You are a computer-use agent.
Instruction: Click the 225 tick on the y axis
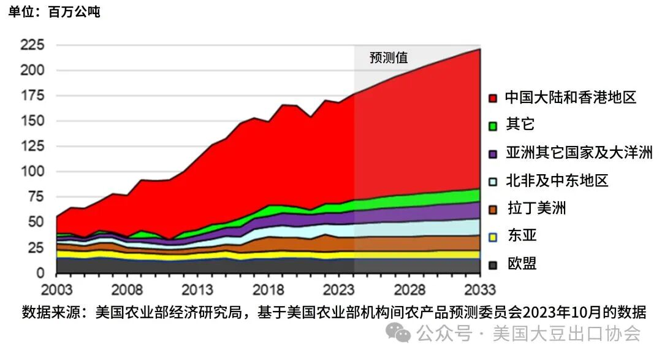tap(32, 45)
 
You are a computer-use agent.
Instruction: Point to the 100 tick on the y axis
tap(32, 172)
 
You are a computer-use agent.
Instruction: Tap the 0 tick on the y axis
tap(40, 273)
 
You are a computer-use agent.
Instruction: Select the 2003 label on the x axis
tap(56, 289)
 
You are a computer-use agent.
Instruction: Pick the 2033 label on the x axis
tap(479, 289)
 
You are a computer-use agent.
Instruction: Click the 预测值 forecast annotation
tap(389, 58)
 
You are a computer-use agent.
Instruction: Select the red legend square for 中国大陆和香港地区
tap(492, 98)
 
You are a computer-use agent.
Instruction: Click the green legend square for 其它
tap(492, 126)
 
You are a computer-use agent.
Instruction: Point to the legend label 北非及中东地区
tap(557, 181)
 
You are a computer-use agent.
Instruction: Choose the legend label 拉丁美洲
tap(536, 209)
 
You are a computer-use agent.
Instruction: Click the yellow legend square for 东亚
tap(492, 237)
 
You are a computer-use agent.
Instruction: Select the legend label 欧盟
tap(522, 264)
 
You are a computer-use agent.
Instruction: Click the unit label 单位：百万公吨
tap(54, 12)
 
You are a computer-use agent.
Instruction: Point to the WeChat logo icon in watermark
tap(402, 334)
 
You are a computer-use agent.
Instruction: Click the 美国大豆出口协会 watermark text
tap(567, 334)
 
